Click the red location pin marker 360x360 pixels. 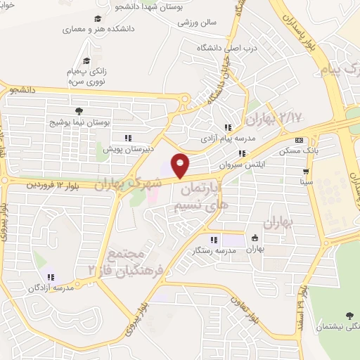click(x=181, y=166)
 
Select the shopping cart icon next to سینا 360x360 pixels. click(x=305, y=171)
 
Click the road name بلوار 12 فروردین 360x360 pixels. click(x=51, y=185)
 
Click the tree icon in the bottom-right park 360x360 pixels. click(x=349, y=316)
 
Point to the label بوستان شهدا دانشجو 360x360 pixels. click(x=207, y=6)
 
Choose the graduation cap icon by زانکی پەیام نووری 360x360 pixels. click(x=86, y=61)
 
